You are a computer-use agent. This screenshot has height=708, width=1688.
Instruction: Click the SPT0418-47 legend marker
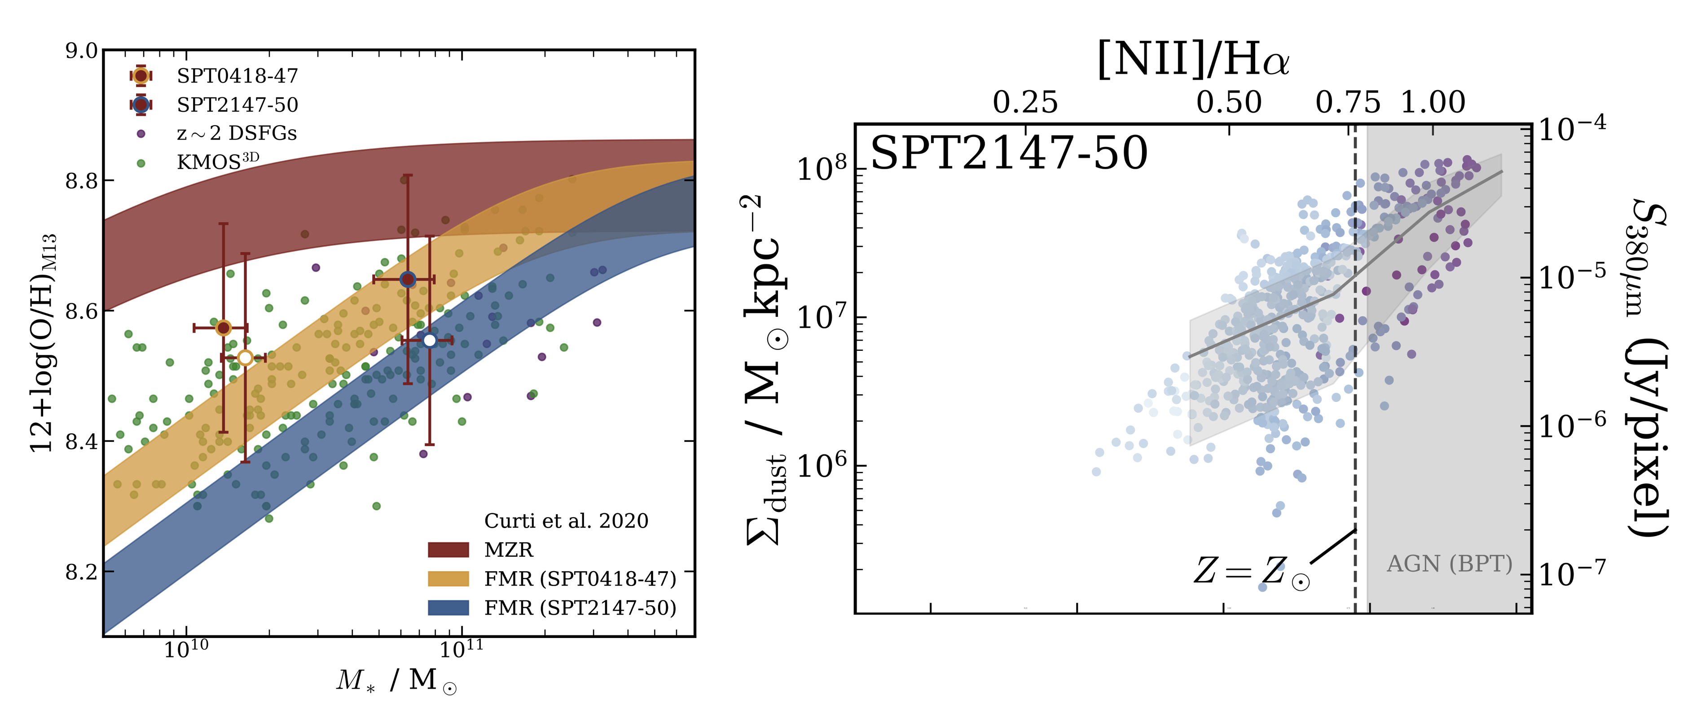pyautogui.click(x=140, y=76)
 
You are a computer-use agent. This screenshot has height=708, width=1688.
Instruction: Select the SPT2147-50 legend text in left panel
pyautogui.click(x=237, y=105)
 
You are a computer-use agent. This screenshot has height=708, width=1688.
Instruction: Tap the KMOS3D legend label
pyautogui.click(x=218, y=161)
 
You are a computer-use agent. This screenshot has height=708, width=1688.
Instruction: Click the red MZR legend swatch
pyautogui.click(x=448, y=550)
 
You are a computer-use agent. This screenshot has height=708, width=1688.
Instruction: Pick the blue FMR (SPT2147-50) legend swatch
pyautogui.click(x=448, y=608)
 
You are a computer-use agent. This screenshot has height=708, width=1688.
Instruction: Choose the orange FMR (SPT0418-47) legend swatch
pyautogui.click(x=448, y=579)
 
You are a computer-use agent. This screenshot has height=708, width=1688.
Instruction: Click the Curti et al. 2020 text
pyautogui.click(x=566, y=521)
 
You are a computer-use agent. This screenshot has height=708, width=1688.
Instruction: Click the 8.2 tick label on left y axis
pyautogui.click(x=81, y=572)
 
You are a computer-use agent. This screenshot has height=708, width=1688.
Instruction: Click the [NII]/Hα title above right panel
pyautogui.click(x=1193, y=60)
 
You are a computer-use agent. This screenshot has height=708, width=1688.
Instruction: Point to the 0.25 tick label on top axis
pyautogui.click(x=1025, y=103)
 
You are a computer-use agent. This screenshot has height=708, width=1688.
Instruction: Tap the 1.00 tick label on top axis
pyautogui.click(x=1433, y=103)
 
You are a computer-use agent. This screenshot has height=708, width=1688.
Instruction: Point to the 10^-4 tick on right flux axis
pyautogui.click(x=1571, y=129)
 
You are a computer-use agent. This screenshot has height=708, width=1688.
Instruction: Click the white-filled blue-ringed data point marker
pyautogui.click(x=429, y=341)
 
